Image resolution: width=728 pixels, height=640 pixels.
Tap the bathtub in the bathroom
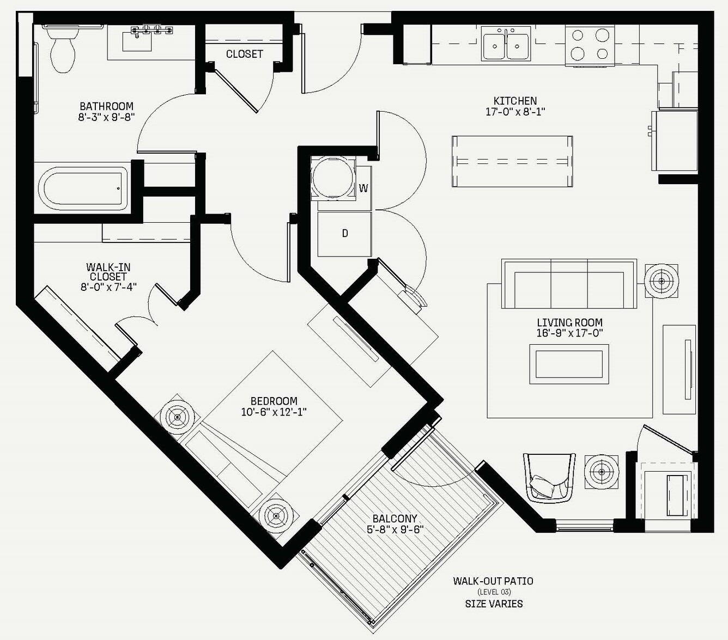pos(83,189)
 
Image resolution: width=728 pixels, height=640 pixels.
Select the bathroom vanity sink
pos(137,41)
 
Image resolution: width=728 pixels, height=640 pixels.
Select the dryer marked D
pos(344,234)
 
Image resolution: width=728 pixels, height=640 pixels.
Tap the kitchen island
pos(512,161)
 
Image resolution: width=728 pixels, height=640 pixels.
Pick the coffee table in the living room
pos(569,364)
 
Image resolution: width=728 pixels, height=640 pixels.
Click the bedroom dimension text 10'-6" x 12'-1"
pos(274,412)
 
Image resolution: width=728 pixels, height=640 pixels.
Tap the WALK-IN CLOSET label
pos(108,272)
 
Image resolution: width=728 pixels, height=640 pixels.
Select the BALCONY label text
pos(395,519)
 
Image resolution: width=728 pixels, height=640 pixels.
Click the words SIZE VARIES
pos(494,604)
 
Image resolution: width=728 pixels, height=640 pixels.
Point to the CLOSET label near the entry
pos(244,54)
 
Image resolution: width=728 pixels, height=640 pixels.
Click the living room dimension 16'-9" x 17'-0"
pos(569,333)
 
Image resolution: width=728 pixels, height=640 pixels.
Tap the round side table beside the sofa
pos(662,281)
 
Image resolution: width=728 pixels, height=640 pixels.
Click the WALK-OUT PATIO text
pos(493,581)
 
